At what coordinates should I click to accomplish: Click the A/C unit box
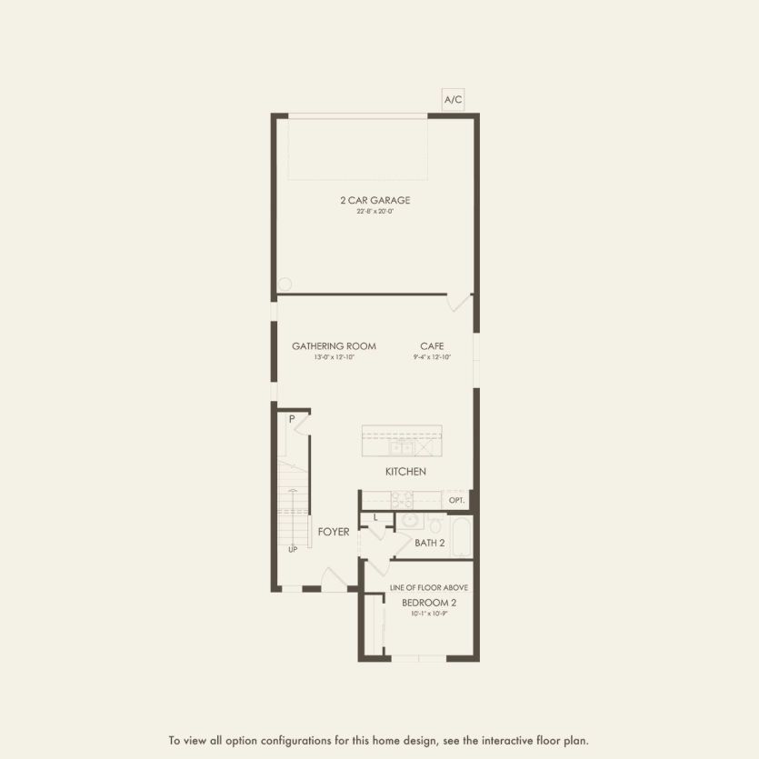click(x=452, y=101)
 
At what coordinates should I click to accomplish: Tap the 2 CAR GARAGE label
click(x=375, y=200)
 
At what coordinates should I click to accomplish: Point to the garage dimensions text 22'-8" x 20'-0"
click(x=375, y=212)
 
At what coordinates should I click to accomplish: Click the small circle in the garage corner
click(x=285, y=284)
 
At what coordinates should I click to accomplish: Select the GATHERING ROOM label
click(x=334, y=346)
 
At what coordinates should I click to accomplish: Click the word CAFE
click(x=431, y=346)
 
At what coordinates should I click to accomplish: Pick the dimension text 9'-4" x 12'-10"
click(x=431, y=357)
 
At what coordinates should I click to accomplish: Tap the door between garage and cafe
click(x=460, y=303)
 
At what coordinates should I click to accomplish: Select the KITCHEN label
click(x=404, y=472)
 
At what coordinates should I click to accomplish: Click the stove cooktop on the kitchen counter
click(x=402, y=499)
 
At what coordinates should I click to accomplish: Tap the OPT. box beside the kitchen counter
click(x=454, y=500)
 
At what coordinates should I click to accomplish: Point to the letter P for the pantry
click(x=292, y=419)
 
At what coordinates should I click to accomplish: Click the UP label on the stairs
click(x=292, y=550)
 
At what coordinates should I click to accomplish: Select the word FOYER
click(x=333, y=532)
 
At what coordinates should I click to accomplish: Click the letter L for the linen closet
click(x=375, y=518)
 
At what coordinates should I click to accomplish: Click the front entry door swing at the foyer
click(x=335, y=579)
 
